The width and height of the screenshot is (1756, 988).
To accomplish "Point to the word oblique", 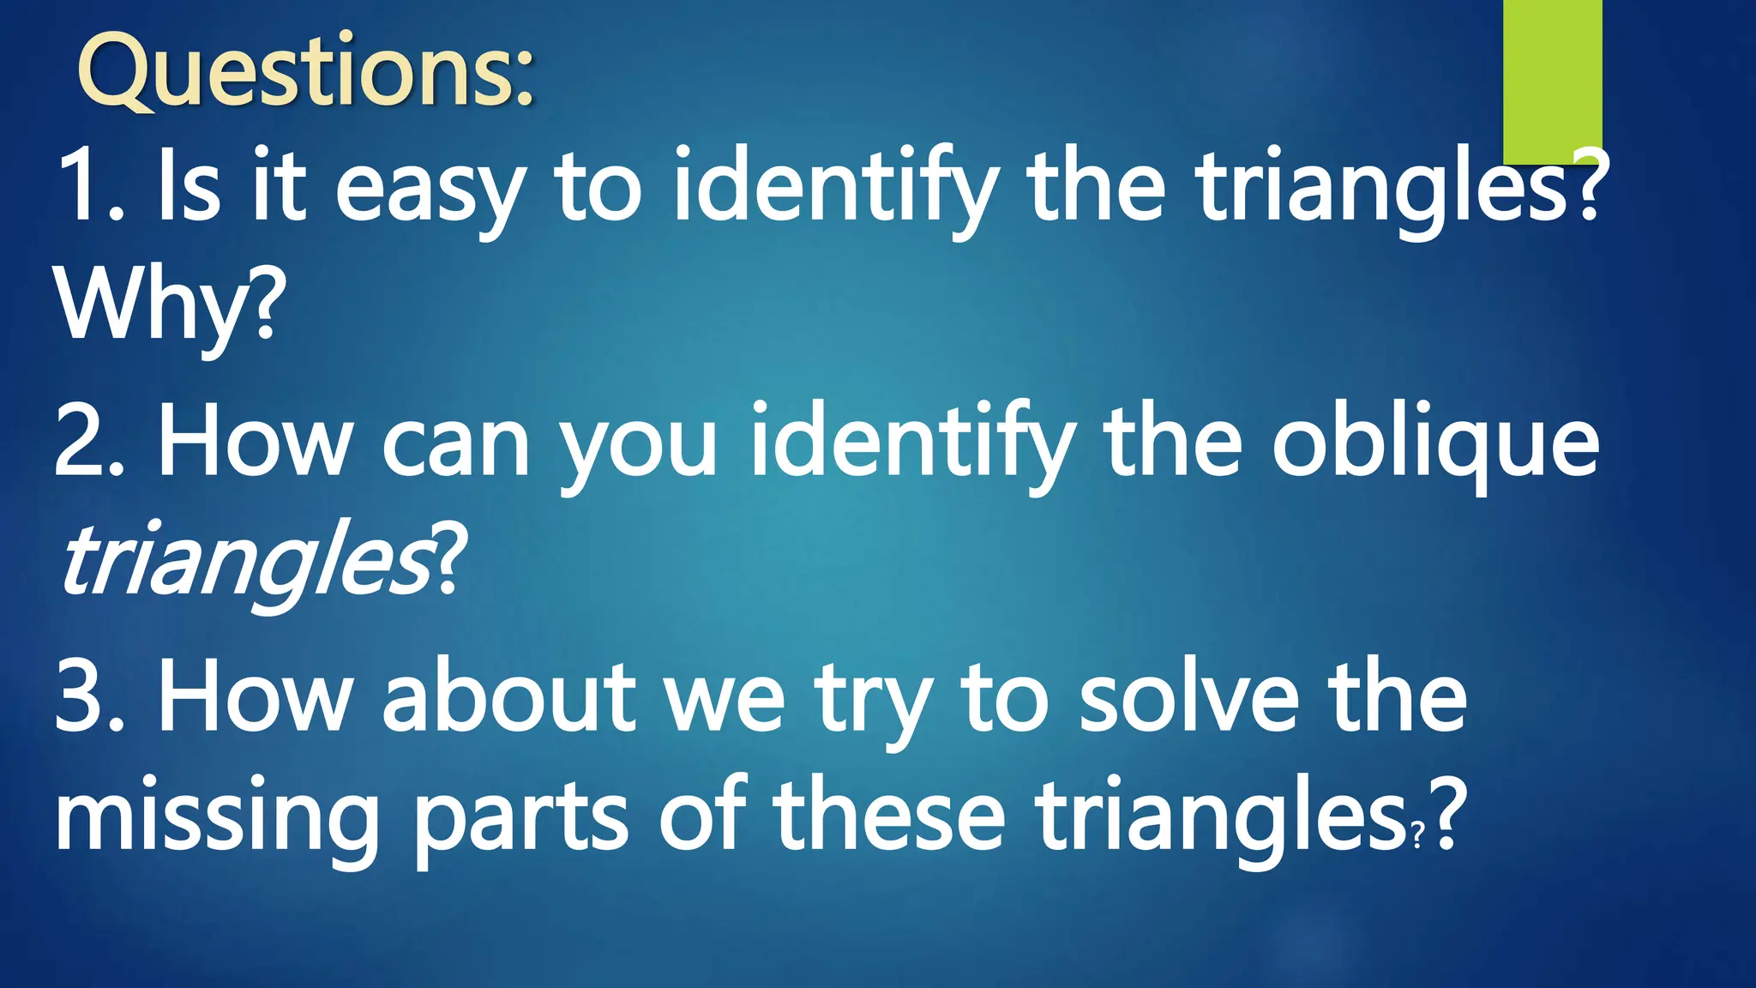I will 1434,442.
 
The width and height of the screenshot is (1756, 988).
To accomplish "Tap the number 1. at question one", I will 91,184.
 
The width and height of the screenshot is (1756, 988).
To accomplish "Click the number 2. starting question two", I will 90,442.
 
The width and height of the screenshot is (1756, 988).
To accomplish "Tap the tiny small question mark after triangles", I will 1417,834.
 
